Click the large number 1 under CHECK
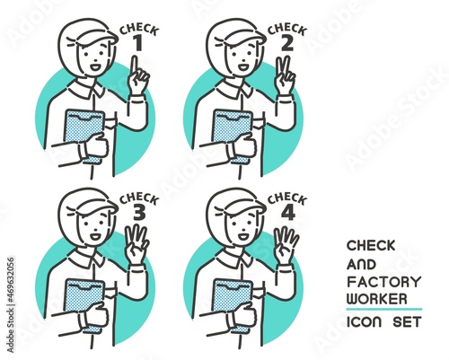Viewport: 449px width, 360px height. (138, 44)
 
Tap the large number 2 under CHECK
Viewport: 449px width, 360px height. (287, 44)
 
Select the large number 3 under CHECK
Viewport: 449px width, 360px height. (139, 213)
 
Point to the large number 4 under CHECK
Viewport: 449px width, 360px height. (288, 213)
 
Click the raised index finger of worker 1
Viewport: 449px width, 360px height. (135, 66)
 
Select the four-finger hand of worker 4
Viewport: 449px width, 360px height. (286, 245)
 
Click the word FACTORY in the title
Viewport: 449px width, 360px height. (384, 282)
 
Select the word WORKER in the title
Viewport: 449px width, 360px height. (377, 299)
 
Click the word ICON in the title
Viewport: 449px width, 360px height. (365, 322)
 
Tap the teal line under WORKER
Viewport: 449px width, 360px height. (384, 309)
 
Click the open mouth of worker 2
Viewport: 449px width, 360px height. (243, 66)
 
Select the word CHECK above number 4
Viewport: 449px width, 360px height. (287, 198)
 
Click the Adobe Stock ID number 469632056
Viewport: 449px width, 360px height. (10, 280)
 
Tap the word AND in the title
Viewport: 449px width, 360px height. (361, 265)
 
